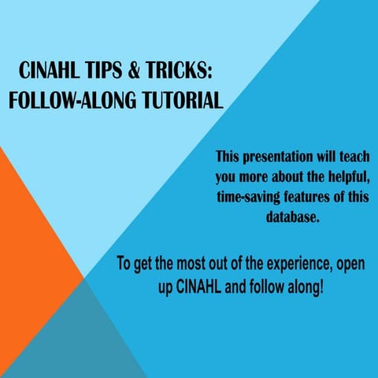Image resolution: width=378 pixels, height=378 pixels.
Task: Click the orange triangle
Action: coord(31,236)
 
